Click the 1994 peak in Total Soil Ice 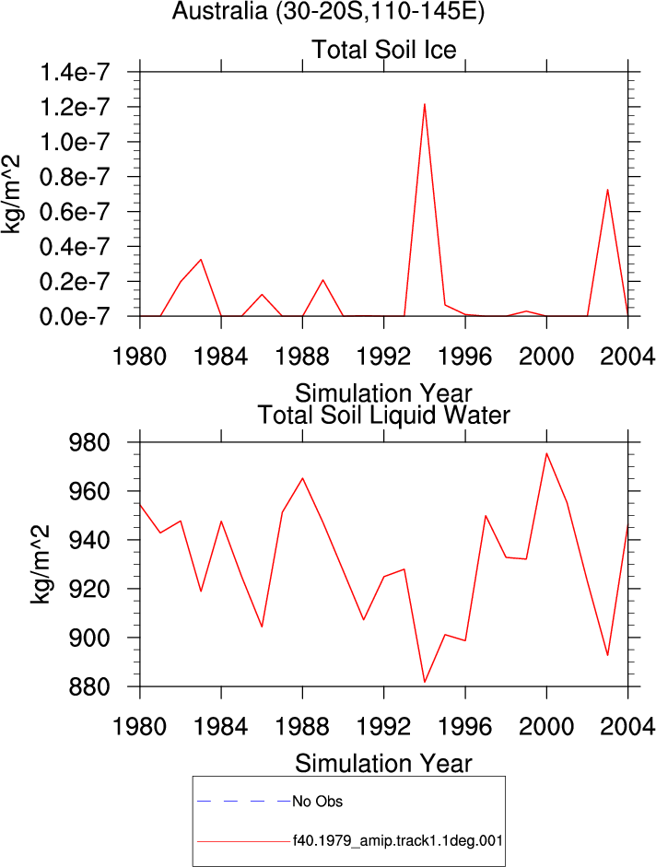pos(424,104)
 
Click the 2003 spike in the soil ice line pos(607,190)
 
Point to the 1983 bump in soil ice pos(201,259)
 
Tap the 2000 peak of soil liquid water pos(546,453)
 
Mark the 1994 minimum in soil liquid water pos(424,682)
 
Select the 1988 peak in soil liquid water pos(302,478)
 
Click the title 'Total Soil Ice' pos(384,50)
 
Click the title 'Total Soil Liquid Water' pos(384,416)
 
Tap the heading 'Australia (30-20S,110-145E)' pos(328,11)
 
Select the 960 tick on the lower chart pos(88,491)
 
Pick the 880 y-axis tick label pos(88,686)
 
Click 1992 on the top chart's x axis pos(384,357)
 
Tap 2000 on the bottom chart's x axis pos(546,726)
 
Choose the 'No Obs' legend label pos(318,802)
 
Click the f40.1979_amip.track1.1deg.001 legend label pos(398,841)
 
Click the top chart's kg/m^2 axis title pos(11,194)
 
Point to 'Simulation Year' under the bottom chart pos(383,764)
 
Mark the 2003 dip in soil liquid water pos(608,655)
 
